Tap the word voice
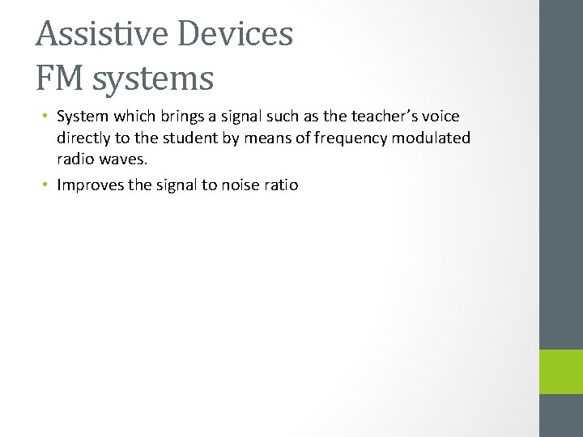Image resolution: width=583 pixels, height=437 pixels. [438, 117]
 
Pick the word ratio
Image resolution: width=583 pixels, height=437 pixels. [282, 185]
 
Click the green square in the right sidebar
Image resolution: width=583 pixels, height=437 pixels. [561, 371]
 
